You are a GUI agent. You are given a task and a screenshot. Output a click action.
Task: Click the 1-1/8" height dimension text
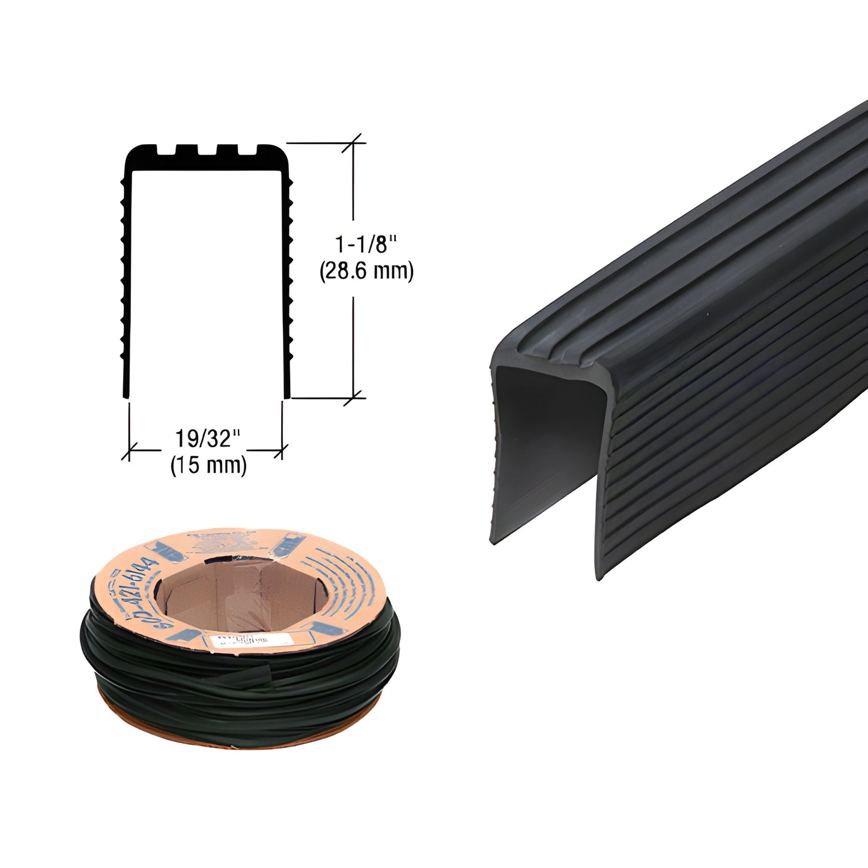[366, 244]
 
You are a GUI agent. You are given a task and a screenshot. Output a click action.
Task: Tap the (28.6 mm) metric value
[366, 272]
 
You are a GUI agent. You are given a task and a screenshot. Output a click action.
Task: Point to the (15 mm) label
[208, 466]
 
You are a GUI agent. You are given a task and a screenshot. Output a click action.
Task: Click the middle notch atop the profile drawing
[207, 148]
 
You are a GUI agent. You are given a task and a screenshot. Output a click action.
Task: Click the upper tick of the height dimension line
[353, 143]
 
